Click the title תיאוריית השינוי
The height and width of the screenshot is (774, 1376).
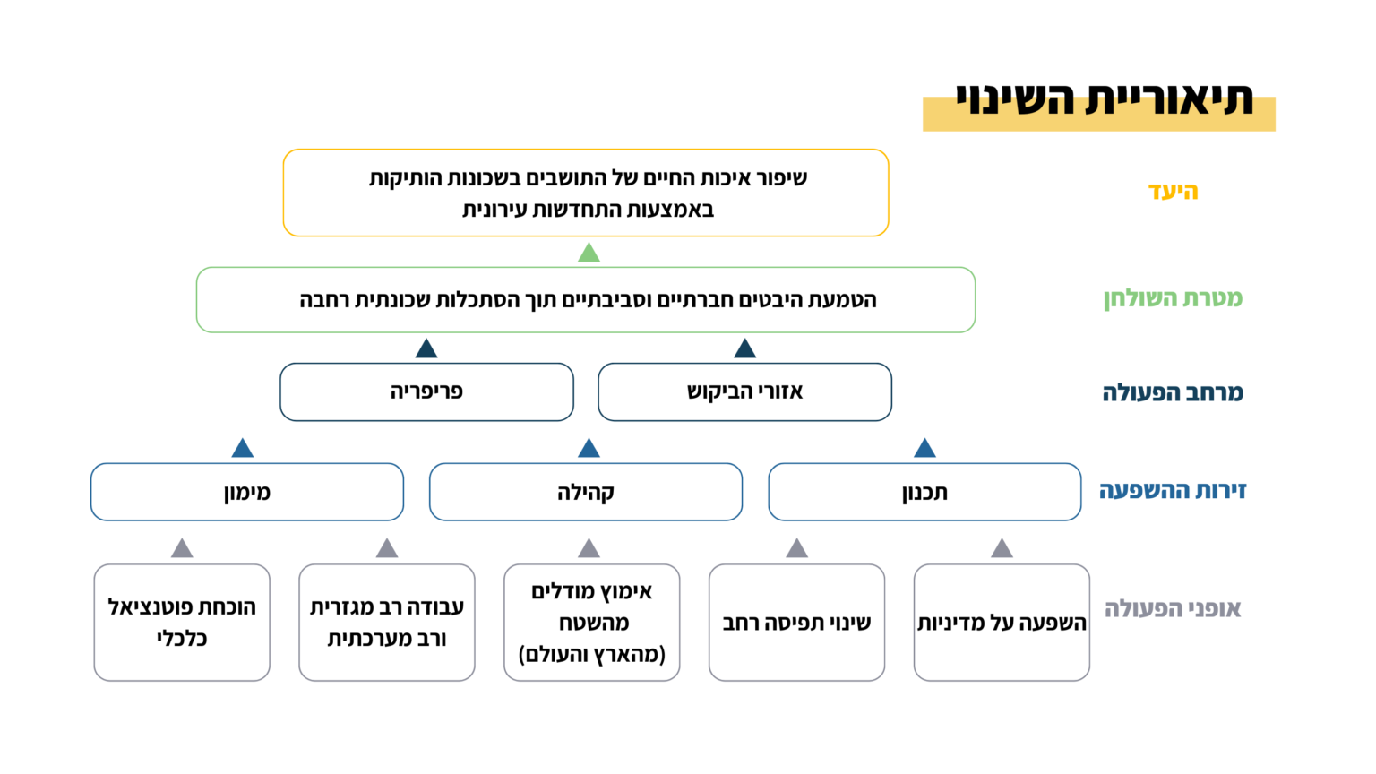(x=1104, y=99)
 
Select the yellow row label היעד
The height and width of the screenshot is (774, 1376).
(x=1174, y=191)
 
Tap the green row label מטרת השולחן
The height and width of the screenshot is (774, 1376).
(x=1173, y=298)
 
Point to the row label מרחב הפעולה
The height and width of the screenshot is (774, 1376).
(x=1173, y=392)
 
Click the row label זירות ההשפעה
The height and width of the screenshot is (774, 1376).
(x=1172, y=490)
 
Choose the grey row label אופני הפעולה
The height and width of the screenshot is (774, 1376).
(x=1173, y=609)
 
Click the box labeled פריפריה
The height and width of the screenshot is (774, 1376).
(x=427, y=391)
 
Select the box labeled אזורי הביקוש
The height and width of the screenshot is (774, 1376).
(x=744, y=391)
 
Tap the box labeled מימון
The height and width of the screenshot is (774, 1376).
(x=247, y=492)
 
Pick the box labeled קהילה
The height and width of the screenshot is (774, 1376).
(x=586, y=492)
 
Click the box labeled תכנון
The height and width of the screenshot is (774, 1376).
(x=924, y=492)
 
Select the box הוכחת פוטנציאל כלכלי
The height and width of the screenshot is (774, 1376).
(x=182, y=623)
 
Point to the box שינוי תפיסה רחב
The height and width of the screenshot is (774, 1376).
(x=796, y=623)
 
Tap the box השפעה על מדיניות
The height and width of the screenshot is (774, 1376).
(x=1002, y=623)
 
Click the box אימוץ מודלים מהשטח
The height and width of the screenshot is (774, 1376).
(x=591, y=623)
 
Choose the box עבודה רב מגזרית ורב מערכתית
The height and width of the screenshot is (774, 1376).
(x=387, y=623)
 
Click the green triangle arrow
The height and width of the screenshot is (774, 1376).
(x=589, y=254)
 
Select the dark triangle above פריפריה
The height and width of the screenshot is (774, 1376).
(x=426, y=348)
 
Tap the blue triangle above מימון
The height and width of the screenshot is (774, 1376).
(x=243, y=449)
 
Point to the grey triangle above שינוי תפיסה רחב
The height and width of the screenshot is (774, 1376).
(x=796, y=548)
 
